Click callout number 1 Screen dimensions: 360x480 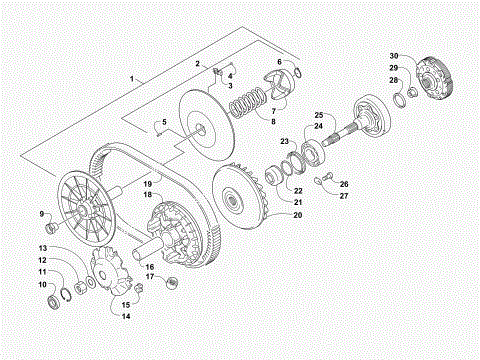[x=131, y=77]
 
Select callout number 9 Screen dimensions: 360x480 [x=42, y=214]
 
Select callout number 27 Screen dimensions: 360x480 [x=343, y=196]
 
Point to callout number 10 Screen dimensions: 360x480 [x=42, y=285]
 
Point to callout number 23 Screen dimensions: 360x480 [x=285, y=142]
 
